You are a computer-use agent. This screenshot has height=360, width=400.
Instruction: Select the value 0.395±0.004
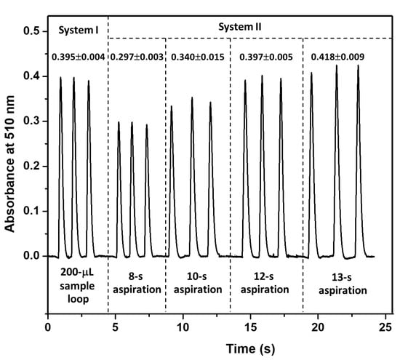(x=79, y=57)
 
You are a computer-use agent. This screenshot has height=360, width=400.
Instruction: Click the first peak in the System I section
(x=61, y=78)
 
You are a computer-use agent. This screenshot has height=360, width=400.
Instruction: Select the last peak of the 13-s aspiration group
(x=358, y=66)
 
